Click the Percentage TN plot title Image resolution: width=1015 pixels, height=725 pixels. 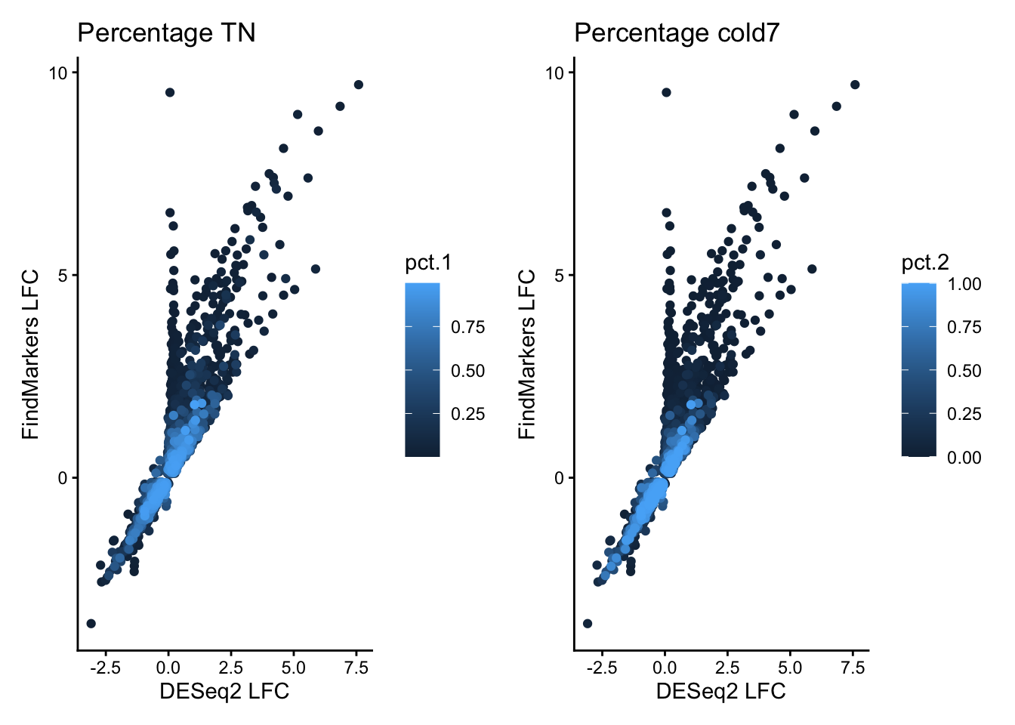[x=166, y=33]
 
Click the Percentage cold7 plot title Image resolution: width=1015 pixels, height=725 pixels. [x=676, y=33]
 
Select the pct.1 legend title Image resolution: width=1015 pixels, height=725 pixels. [x=428, y=263]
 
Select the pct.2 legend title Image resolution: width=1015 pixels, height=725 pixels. [x=925, y=263]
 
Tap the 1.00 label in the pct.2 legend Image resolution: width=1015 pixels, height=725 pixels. [x=964, y=285]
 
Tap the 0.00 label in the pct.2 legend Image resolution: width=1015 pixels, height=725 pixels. [x=964, y=457]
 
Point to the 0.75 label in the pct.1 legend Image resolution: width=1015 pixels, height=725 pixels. [x=468, y=328]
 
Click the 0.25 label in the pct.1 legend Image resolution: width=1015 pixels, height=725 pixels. [x=468, y=414]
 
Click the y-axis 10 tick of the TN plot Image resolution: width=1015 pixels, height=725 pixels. [x=59, y=72]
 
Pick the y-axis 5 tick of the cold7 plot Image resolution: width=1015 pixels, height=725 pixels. [x=559, y=276]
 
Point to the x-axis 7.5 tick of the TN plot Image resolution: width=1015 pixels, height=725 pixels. [x=356, y=668]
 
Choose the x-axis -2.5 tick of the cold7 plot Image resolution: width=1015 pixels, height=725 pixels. [x=601, y=668]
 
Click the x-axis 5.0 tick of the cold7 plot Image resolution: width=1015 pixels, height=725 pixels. [x=790, y=668]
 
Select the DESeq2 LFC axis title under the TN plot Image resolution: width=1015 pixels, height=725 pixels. [x=224, y=691]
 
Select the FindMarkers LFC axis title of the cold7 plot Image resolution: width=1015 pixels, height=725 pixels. [x=526, y=354]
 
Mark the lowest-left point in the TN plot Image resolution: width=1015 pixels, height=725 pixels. [x=91, y=623]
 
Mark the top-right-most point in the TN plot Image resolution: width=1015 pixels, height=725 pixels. [x=359, y=85]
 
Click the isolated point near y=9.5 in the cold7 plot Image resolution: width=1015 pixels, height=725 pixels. [x=666, y=92]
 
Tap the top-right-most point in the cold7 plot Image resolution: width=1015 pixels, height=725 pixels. [x=855, y=85]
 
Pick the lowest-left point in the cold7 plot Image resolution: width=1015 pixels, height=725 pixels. [x=588, y=623]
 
